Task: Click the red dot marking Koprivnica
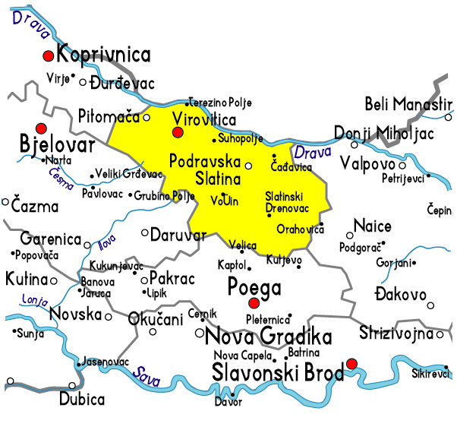pos(49,55)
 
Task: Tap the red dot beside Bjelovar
pos(41,128)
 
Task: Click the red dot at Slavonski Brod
pos(351,364)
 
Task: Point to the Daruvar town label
pos(178,235)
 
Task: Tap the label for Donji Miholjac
pos(384,133)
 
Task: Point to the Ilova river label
pos(108,245)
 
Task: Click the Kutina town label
pos(26,280)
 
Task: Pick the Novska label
pos(75,315)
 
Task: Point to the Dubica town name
pos(82,400)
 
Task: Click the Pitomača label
pos(109,116)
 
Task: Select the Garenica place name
pos(51,239)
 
